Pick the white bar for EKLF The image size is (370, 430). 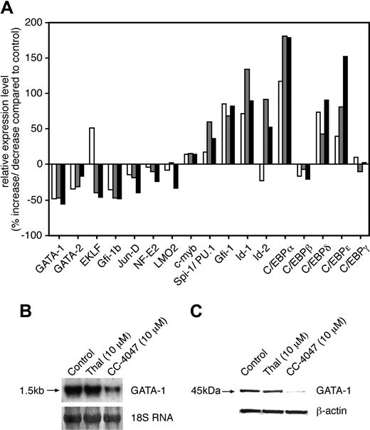point(92,146)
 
